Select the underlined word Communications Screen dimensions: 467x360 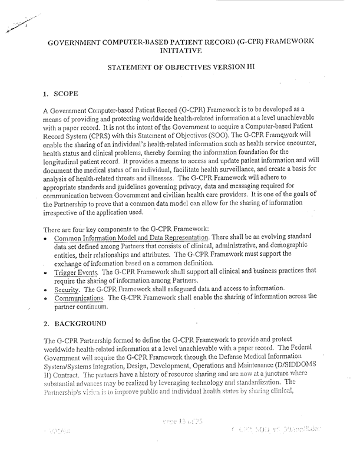point(80,298)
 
